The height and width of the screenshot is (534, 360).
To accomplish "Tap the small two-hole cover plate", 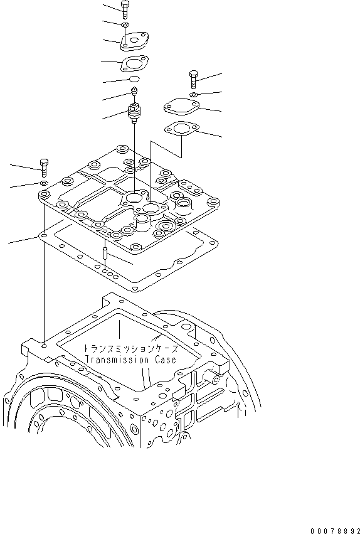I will click(134, 41).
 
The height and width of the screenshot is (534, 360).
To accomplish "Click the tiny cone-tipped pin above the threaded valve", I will click(134, 94).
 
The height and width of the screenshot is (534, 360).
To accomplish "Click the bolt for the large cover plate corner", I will click(44, 168).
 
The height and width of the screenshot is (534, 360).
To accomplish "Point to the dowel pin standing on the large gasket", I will click(105, 255).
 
